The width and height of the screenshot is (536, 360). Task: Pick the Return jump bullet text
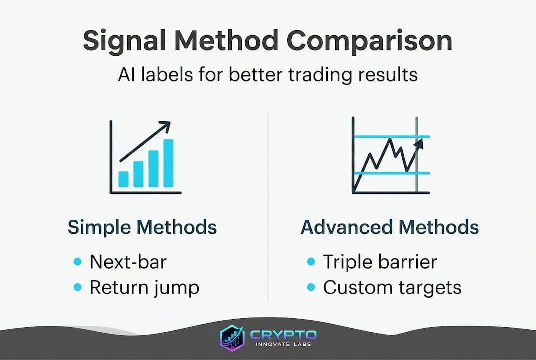[144, 287]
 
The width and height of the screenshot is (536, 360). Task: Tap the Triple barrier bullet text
[380, 262]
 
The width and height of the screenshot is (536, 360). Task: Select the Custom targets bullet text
[392, 287]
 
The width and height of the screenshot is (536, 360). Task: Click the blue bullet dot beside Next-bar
[77, 262]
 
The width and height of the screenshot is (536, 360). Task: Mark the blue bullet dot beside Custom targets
[311, 287]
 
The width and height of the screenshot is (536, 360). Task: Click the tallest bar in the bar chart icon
[168, 162]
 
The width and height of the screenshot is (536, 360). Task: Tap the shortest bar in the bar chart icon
[123, 178]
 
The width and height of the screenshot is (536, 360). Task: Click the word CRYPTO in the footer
[283, 335]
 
